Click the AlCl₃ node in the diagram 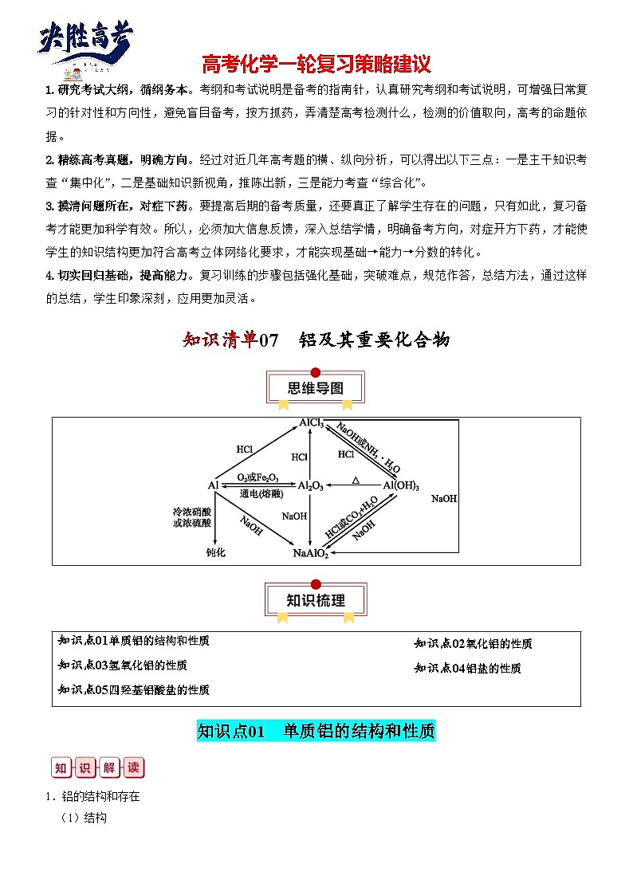click(x=311, y=423)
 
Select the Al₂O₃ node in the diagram click(x=310, y=485)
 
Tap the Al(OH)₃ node click(x=401, y=485)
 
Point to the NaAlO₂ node click(x=310, y=553)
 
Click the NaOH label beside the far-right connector click(x=444, y=498)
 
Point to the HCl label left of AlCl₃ click(x=245, y=449)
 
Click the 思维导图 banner click(x=315, y=389)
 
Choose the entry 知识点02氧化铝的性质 click(x=474, y=643)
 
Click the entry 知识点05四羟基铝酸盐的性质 click(x=134, y=689)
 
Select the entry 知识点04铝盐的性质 click(x=468, y=669)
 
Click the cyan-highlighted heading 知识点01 click(x=316, y=731)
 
